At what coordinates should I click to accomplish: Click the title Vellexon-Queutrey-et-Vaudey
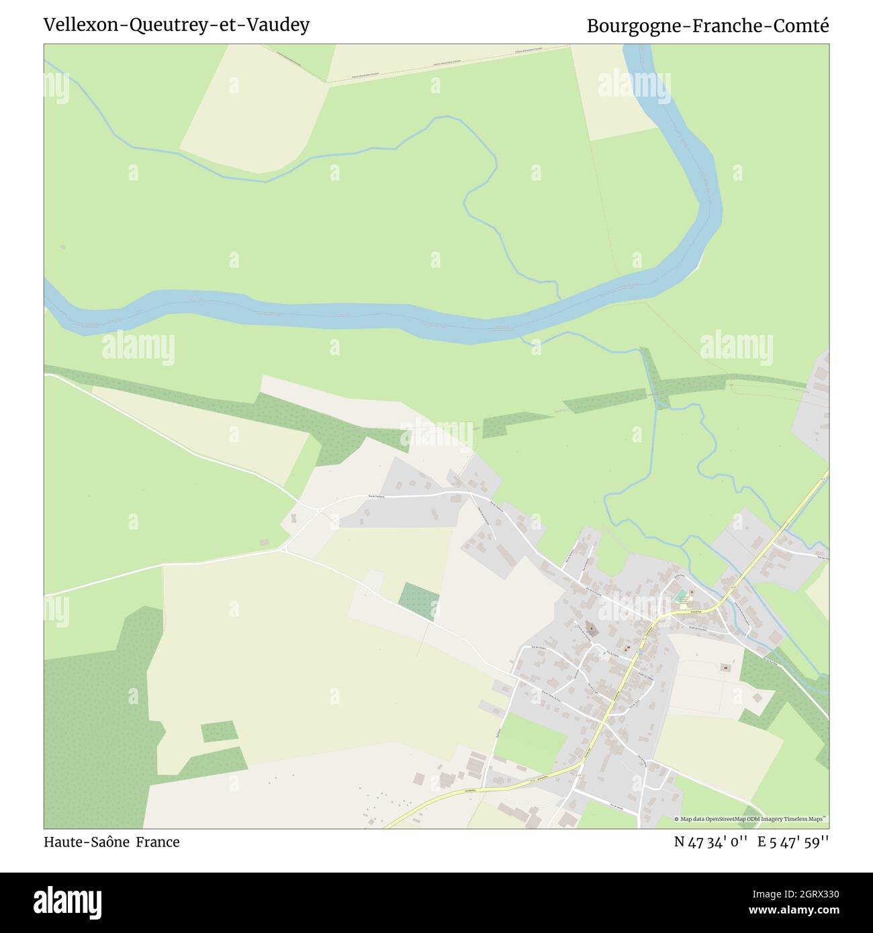(177, 25)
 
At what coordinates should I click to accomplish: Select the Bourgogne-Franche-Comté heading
(708, 26)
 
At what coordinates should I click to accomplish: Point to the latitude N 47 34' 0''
(711, 842)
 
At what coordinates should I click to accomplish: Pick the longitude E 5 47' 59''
(793, 842)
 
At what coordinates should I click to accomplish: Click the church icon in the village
(592, 630)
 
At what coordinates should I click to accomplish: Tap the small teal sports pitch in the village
(683, 595)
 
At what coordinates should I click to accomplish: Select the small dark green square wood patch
(418, 601)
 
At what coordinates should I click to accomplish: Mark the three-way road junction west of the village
(283, 550)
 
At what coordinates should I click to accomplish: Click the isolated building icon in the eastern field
(725, 667)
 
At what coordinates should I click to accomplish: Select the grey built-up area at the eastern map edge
(813, 409)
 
